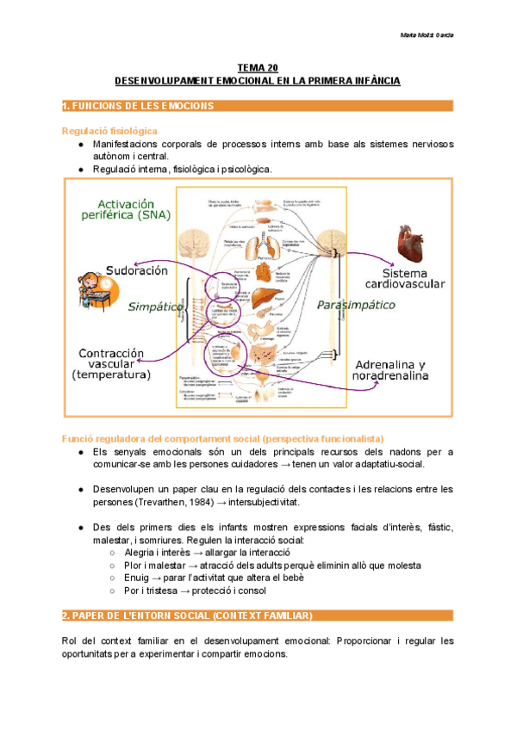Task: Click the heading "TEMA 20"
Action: coord(258,67)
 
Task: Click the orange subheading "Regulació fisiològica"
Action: coord(109,130)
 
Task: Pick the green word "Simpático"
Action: coord(155,306)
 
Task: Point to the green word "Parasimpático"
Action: coord(356,305)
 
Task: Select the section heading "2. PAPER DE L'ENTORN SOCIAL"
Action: coord(188,616)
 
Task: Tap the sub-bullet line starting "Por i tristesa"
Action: coord(195,591)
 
